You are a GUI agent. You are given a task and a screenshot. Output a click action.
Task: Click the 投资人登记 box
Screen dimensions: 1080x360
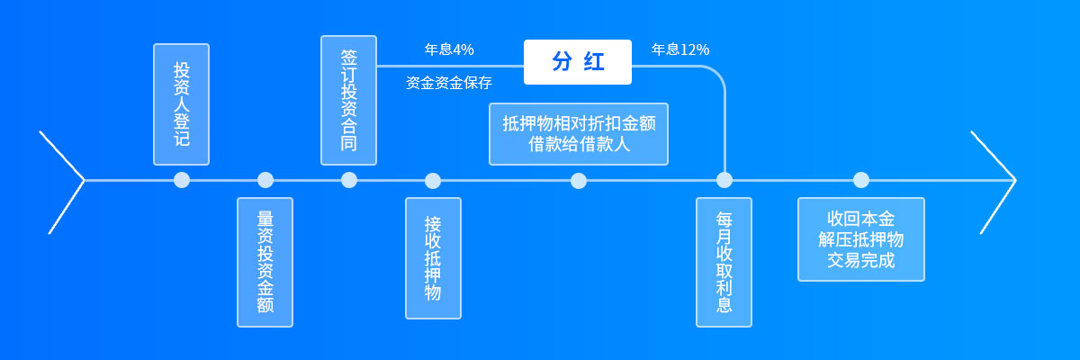181,104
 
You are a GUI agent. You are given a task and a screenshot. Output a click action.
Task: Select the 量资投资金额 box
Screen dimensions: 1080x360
265,262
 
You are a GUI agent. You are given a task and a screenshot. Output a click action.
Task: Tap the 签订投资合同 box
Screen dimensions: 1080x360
348,100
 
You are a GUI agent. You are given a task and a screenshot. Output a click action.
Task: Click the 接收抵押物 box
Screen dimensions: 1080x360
434,258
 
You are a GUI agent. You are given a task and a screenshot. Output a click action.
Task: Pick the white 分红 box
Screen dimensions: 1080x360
578,62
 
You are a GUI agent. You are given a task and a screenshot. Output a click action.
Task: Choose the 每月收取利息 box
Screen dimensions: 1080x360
724,262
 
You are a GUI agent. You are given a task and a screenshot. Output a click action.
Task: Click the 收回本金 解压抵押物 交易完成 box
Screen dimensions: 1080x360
861,239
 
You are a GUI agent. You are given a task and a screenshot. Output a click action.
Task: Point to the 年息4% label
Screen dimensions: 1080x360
449,49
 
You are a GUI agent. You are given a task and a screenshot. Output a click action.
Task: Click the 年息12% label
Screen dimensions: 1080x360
680,49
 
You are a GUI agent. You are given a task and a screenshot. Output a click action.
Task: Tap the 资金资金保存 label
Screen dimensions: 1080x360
449,83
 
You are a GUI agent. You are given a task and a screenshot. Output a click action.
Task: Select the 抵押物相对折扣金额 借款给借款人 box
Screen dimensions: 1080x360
579,134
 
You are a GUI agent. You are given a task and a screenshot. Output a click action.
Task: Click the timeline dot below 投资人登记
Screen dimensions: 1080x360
182,180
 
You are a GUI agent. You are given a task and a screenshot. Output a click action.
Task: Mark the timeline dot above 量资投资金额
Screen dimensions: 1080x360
265,180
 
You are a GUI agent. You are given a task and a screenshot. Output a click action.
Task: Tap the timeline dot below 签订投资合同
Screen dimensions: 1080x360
349,180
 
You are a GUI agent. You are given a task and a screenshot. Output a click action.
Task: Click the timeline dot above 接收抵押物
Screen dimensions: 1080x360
433,181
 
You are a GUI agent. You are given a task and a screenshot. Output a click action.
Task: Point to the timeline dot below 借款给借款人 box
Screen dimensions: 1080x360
579,181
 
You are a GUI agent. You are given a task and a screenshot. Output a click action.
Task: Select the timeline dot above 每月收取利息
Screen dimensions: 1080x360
724,180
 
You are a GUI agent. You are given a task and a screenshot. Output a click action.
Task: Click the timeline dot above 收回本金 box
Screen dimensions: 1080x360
861,180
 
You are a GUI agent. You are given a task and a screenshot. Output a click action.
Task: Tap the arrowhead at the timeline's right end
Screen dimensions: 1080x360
1015,180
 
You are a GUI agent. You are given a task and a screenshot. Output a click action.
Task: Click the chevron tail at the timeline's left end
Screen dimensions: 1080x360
83,180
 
